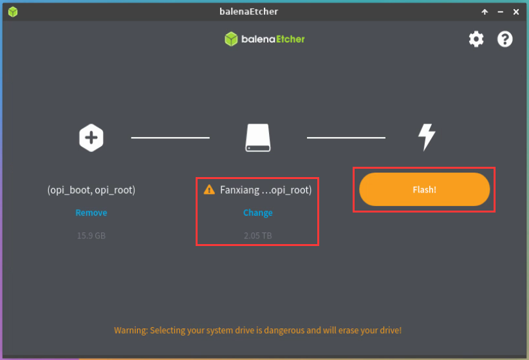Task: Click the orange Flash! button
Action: (424, 189)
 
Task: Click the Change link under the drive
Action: (258, 213)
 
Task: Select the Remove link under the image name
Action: (91, 213)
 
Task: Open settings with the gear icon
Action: (476, 39)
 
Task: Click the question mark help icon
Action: (505, 39)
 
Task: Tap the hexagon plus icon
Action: (91, 138)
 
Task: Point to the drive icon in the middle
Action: (258, 138)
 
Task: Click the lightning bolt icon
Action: (427, 137)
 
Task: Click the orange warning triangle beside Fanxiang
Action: (209, 189)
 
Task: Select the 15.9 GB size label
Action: (91, 236)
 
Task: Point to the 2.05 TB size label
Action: (258, 236)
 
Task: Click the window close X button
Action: (516, 12)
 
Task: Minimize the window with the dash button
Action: (500, 12)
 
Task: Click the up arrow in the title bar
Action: (485, 12)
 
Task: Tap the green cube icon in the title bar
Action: (13, 12)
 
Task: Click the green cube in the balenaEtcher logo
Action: (231, 39)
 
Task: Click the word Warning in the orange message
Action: (131, 330)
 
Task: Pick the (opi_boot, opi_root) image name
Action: (91, 190)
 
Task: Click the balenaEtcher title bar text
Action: (248, 12)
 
